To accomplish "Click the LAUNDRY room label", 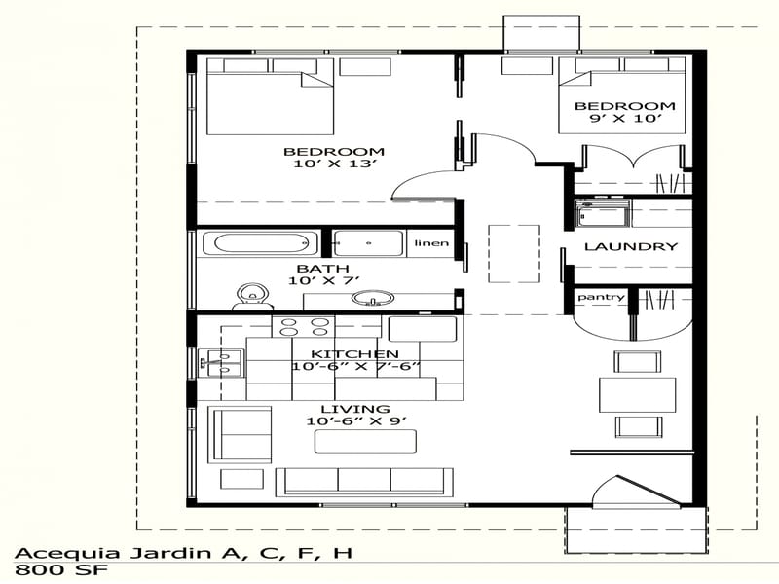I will (x=630, y=247).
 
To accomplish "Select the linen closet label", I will (x=431, y=242).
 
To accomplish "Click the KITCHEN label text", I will (x=353, y=353).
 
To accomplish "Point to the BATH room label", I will (x=316, y=268).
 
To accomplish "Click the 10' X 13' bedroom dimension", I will (x=333, y=164).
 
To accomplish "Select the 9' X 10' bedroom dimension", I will (x=624, y=119).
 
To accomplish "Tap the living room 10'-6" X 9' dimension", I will (x=348, y=421).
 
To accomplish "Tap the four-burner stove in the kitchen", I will (x=305, y=326).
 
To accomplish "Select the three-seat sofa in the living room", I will (x=364, y=481).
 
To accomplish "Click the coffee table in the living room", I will (x=364, y=441).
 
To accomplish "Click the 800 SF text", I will (x=48, y=572).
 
